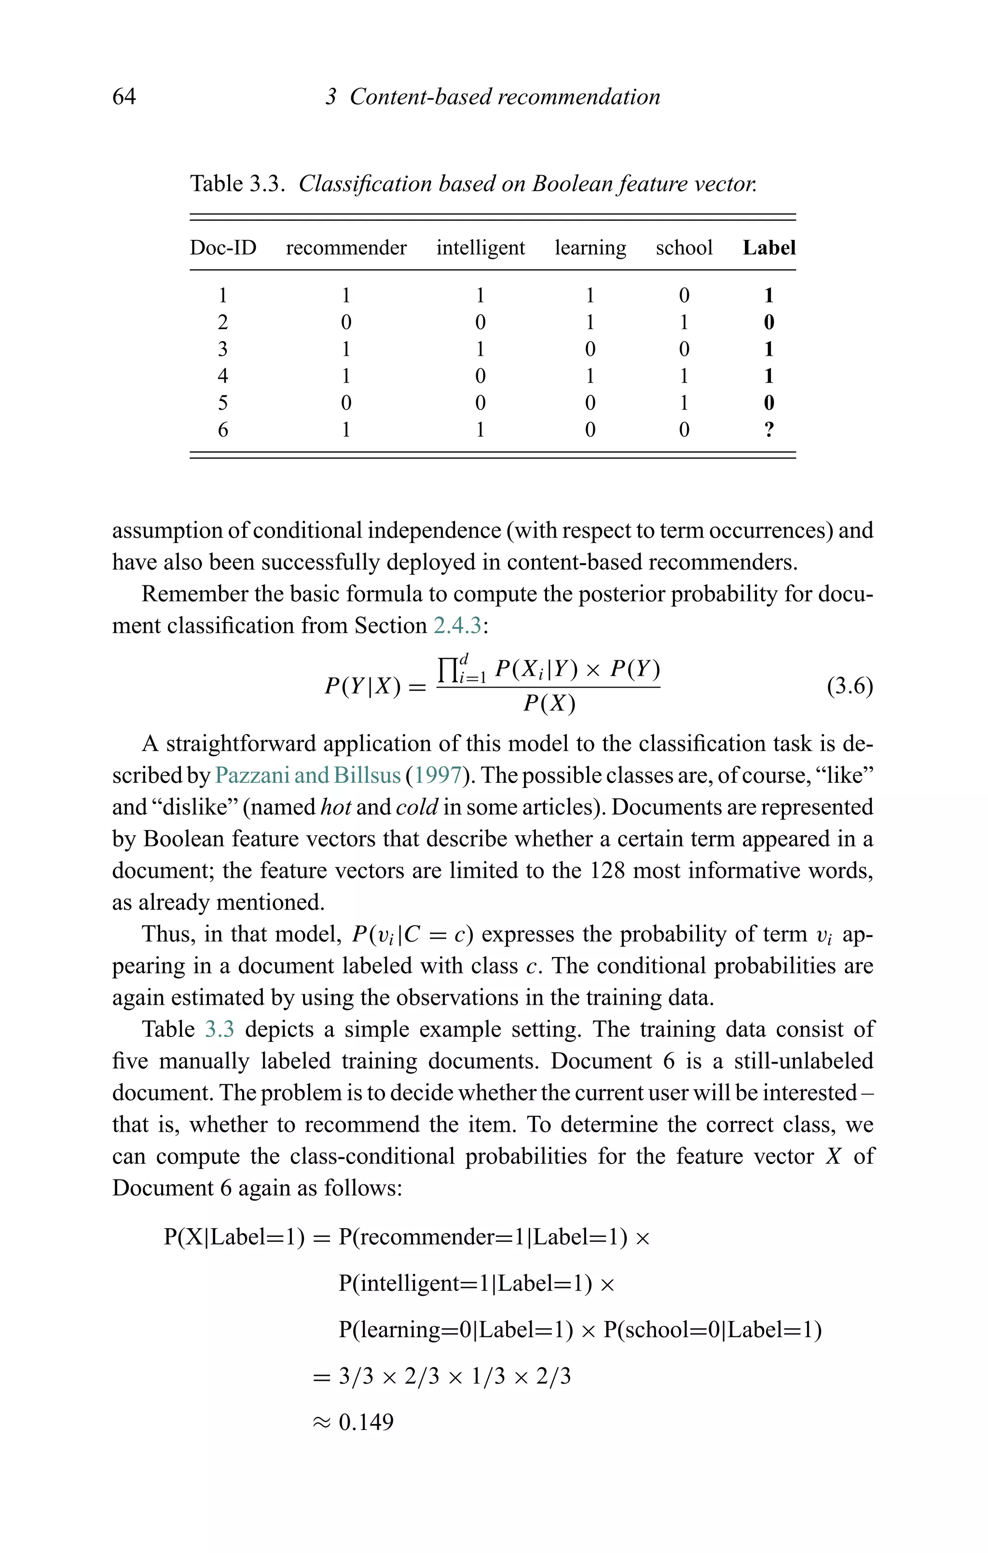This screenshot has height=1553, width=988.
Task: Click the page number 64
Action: [124, 97]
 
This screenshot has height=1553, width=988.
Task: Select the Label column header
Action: [768, 248]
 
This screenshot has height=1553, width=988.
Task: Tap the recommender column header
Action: [346, 248]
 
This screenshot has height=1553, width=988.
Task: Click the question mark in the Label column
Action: [768, 430]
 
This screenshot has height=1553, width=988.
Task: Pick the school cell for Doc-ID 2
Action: [684, 322]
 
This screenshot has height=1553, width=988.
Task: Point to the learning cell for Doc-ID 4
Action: [590, 375]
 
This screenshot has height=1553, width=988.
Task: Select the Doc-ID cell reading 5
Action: [222, 402]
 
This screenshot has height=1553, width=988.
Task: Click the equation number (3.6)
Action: [850, 686]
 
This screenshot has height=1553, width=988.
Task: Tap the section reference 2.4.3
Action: [457, 625]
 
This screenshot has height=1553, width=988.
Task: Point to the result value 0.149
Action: [366, 1422]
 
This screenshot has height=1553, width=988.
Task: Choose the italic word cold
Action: [417, 807]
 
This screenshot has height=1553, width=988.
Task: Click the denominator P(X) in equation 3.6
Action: [549, 704]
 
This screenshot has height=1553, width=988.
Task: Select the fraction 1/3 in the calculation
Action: [488, 1377]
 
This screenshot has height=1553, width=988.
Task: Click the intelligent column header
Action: [480, 248]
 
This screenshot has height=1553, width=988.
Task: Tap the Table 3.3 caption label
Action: [237, 184]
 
